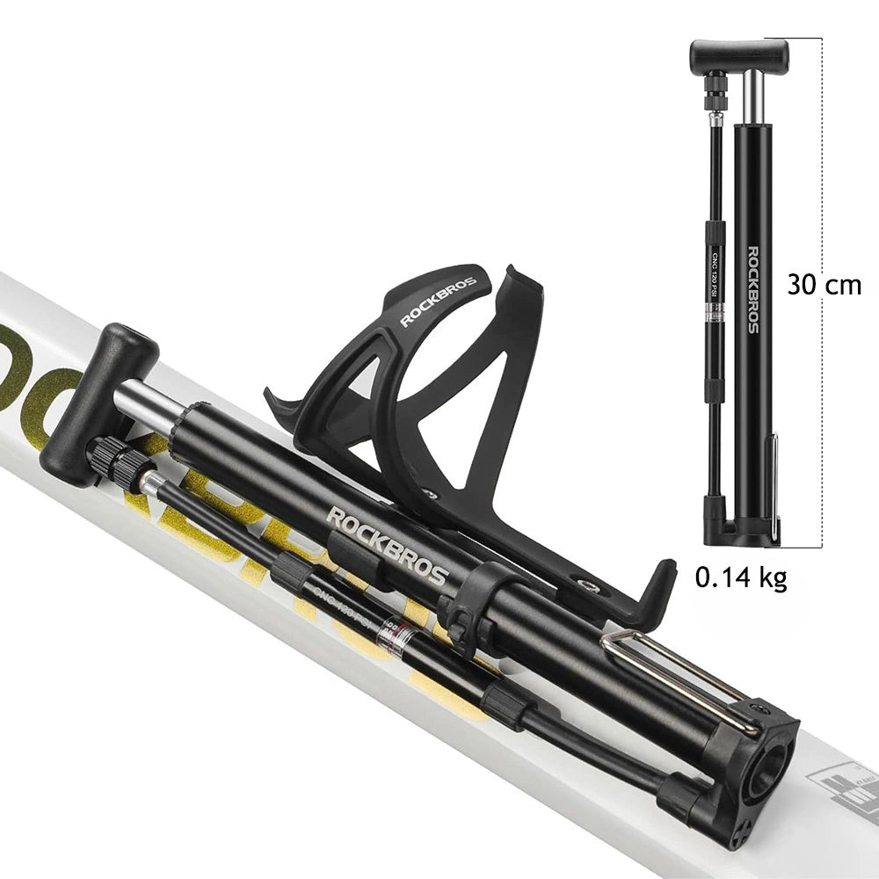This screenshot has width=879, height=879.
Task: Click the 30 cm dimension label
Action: point(824,285)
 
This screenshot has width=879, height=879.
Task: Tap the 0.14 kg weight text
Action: point(740,577)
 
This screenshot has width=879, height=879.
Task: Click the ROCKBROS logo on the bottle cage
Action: point(438,302)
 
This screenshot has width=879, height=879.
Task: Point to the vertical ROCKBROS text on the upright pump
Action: point(752,290)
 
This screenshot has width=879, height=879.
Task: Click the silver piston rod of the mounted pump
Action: point(149,400)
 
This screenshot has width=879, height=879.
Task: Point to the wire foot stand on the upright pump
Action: point(774,483)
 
